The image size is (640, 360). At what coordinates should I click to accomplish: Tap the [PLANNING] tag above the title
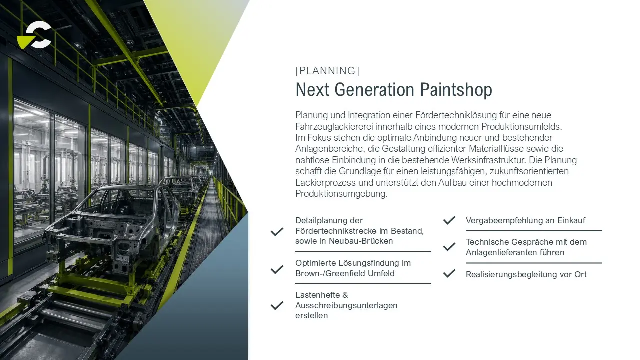(x=327, y=71)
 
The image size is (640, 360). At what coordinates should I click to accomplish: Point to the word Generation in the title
(x=374, y=90)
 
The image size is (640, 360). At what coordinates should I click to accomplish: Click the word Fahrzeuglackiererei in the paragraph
(x=334, y=126)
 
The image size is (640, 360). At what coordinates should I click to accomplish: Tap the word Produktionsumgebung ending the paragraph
(x=341, y=193)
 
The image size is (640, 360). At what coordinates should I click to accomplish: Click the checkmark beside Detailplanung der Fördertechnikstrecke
(x=277, y=231)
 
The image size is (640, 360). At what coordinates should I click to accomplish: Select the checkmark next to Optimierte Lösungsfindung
(x=277, y=269)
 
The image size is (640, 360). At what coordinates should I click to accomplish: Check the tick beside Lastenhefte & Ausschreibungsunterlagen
(x=277, y=305)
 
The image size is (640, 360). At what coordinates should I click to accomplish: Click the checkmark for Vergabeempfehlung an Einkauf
(x=449, y=220)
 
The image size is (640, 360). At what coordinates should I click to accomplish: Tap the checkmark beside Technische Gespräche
(x=449, y=247)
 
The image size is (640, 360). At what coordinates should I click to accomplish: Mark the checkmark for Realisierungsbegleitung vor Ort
(x=449, y=273)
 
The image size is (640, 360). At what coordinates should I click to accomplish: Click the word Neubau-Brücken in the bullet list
(x=361, y=241)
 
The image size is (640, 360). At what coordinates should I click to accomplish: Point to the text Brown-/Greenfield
(x=330, y=273)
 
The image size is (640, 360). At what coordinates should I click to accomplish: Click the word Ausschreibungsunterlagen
(x=346, y=305)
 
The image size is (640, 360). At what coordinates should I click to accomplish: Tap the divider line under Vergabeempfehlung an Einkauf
(x=534, y=231)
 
